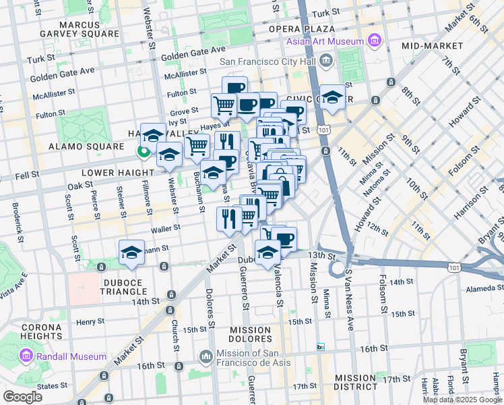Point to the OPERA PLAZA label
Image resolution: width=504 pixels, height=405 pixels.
[x=302, y=29]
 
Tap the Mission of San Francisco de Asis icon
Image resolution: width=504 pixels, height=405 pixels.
[x=207, y=355]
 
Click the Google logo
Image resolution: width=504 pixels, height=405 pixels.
[x=22, y=396]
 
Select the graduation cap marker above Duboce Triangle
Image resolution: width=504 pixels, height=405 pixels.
[x=131, y=253]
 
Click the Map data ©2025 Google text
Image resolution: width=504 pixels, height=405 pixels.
[x=462, y=400]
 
